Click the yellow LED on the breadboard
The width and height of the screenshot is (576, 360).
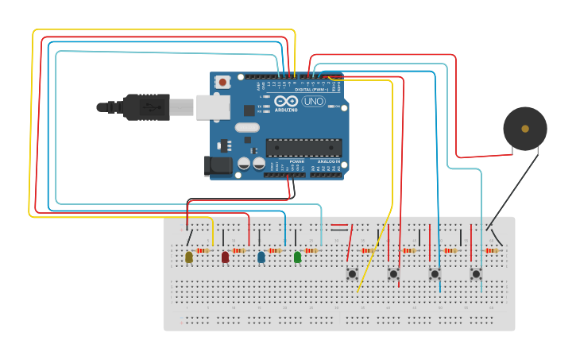(189, 257)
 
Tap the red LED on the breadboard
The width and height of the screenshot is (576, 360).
(225, 257)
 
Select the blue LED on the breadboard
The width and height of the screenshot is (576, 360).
(261, 257)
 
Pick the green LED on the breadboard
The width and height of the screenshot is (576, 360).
(298, 257)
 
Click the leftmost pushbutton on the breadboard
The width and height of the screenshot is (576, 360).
(352, 273)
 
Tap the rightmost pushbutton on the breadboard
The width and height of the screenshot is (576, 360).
(476, 273)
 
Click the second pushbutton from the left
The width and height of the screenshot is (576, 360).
(393, 273)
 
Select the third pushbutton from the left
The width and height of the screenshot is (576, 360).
(435, 273)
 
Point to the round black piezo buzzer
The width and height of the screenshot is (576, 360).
(525, 129)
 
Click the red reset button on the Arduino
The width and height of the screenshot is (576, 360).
(223, 81)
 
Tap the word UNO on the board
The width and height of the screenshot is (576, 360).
(314, 101)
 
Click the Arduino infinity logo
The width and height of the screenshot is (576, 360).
(286, 101)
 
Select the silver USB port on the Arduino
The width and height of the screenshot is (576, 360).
(213, 107)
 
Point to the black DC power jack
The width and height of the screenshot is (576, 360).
(218, 165)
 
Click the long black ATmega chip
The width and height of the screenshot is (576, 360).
(303, 147)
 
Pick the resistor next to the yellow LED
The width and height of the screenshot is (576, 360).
(202, 251)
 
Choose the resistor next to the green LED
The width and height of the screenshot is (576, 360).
(311, 251)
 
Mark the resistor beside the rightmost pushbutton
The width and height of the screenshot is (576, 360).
(491, 251)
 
